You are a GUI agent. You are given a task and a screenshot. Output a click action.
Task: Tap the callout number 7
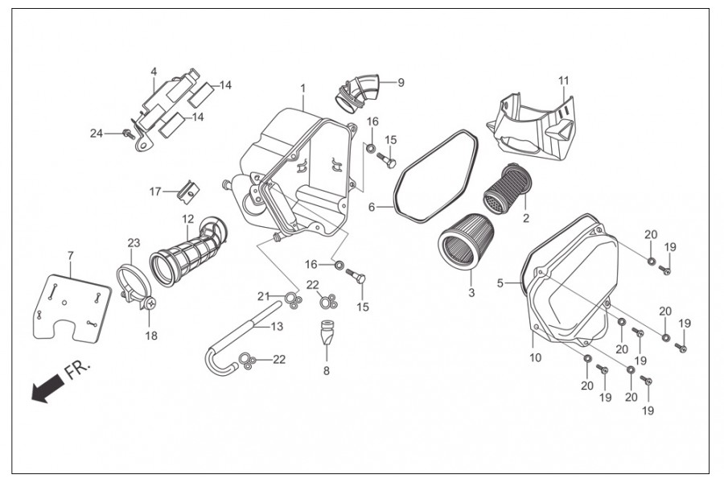[x=70, y=255]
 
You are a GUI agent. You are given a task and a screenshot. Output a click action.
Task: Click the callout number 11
[x=563, y=80]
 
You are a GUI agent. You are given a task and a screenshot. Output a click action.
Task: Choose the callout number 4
[x=153, y=71]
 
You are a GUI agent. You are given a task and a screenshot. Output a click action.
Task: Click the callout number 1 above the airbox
[x=303, y=88]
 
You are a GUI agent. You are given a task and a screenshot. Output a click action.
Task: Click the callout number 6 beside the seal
[x=372, y=207]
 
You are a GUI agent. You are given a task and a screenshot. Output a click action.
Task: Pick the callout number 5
[x=500, y=283]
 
